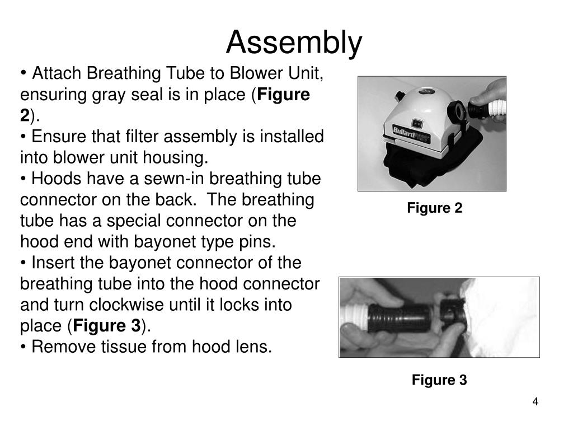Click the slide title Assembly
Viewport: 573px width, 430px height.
[x=294, y=43]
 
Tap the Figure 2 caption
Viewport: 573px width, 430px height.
[x=434, y=208]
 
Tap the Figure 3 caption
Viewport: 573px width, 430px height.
[x=439, y=380]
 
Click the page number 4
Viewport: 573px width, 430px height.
[x=535, y=402]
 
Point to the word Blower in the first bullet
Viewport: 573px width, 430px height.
[x=253, y=73]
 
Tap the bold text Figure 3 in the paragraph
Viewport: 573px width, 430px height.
[x=107, y=326]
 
